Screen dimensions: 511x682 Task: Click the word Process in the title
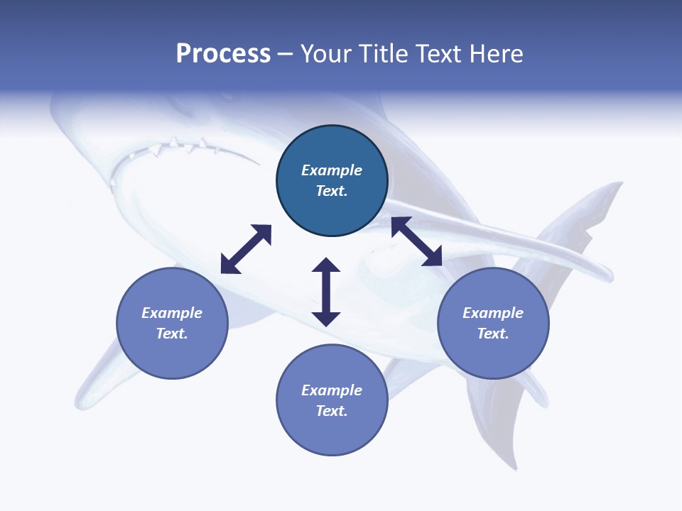click(223, 54)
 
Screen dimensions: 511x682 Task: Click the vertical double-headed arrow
click(326, 292)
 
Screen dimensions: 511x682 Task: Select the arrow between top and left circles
click(246, 249)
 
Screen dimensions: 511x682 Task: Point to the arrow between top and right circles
click(416, 241)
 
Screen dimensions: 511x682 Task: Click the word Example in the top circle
click(332, 170)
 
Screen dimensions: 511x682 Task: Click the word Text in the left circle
click(172, 334)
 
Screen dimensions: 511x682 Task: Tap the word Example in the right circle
click(493, 313)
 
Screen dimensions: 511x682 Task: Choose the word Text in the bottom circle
click(332, 411)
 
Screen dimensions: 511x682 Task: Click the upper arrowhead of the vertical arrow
click(326, 265)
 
